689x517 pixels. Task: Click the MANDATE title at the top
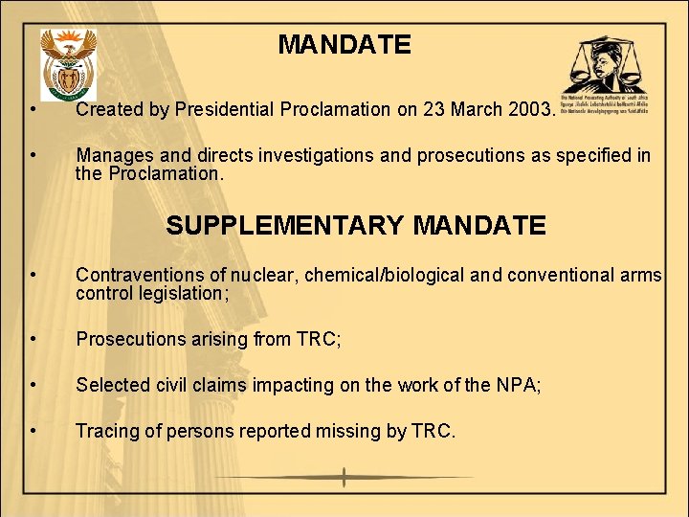344,45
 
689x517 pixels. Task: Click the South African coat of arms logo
68,64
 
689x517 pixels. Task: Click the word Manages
114,155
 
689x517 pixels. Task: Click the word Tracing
105,431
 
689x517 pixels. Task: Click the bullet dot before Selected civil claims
33,385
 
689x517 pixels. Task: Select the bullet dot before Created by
33,109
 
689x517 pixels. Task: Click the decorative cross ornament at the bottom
344,477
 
